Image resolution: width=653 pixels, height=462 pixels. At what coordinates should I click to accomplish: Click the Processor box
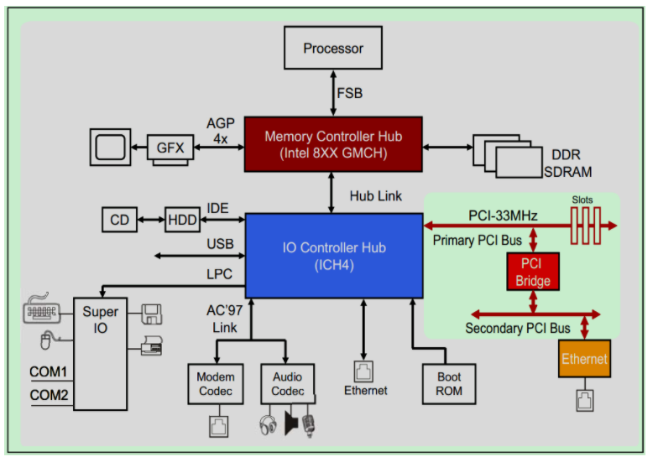coord(333,48)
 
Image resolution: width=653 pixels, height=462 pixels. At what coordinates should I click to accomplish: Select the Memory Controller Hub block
coord(333,144)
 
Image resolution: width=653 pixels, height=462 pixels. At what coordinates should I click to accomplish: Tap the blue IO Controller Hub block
coord(333,255)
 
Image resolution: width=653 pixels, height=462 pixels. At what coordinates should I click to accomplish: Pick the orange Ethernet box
coord(584,359)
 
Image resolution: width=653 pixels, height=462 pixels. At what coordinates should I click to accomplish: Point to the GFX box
coord(170,148)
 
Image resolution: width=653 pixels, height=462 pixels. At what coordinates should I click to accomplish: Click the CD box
coord(119,220)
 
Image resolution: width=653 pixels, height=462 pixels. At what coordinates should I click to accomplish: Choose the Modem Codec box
coord(217,384)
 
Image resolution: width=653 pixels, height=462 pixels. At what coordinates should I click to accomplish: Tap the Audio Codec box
coord(287,384)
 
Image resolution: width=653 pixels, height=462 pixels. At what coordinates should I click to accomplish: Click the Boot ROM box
coord(449,384)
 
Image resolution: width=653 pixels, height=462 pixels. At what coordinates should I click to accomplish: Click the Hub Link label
coord(375,196)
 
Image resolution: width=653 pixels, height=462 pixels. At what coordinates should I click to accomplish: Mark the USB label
coord(219,244)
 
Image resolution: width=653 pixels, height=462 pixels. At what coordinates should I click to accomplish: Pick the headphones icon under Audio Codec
coord(268,424)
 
